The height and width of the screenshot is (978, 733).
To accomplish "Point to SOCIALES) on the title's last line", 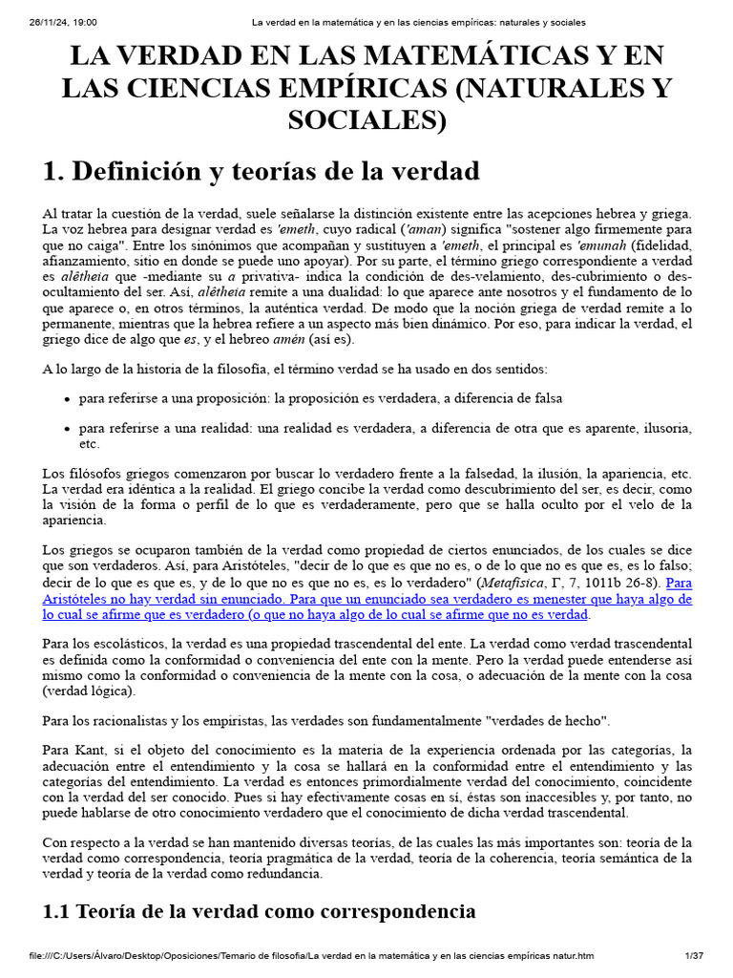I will tap(367, 120).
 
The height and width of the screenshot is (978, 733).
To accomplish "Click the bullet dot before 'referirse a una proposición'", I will tap(68, 398).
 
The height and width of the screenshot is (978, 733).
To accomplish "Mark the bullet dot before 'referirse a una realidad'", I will tap(68, 429).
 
